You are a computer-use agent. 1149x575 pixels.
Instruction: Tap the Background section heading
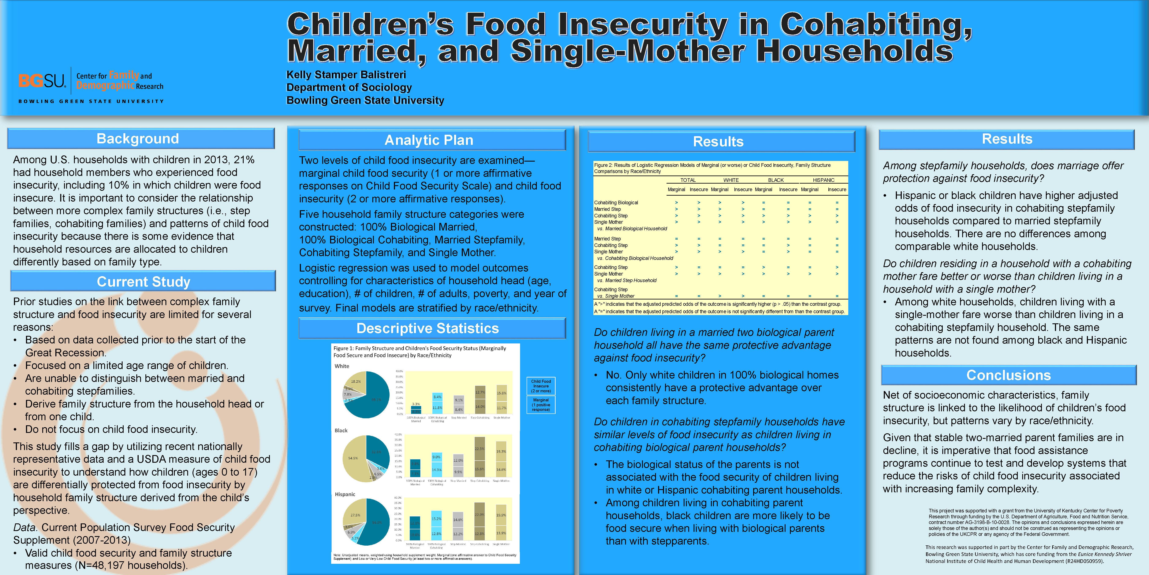138,139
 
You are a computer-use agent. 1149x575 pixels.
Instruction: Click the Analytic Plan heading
429,140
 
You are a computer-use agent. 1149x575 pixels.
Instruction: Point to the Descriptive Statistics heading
427,329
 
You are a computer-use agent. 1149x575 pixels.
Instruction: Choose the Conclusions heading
1008,375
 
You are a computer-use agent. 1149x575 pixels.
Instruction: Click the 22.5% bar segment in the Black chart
480,449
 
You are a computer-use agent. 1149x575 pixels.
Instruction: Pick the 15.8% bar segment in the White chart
502,393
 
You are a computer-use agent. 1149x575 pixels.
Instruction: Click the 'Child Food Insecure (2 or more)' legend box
541,386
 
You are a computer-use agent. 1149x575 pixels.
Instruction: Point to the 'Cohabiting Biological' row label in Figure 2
616,203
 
